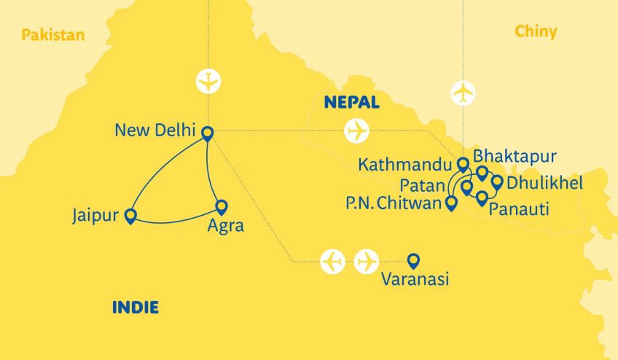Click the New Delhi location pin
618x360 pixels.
click(x=207, y=133)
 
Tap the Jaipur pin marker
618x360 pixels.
click(x=130, y=216)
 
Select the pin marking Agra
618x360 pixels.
click(x=222, y=207)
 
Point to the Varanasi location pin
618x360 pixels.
click(x=413, y=259)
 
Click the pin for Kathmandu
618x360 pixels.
click(x=462, y=165)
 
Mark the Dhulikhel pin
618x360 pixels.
click(x=497, y=182)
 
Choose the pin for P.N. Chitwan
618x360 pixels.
click(x=451, y=203)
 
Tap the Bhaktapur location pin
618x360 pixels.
click(x=482, y=173)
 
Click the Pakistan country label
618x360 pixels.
click(x=53, y=34)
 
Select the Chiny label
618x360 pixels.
click(x=535, y=31)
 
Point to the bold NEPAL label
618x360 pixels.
click(x=352, y=103)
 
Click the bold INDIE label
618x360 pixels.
click(x=135, y=308)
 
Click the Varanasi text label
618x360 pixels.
click(x=414, y=279)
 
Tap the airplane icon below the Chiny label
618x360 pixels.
click(x=463, y=94)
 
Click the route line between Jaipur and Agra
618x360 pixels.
click(x=175, y=222)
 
